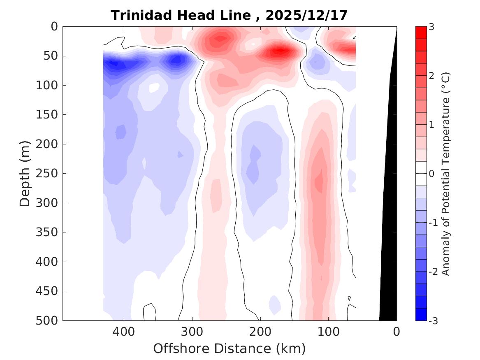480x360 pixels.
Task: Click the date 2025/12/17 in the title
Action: [x=306, y=15]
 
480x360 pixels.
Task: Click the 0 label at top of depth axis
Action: [x=55, y=26]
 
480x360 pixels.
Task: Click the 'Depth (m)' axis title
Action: [x=25, y=173]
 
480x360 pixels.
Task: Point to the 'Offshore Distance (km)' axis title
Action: [x=230, y=348]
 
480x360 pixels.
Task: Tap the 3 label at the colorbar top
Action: [x=431, y=27]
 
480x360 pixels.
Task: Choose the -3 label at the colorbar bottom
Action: [x=432, y=321]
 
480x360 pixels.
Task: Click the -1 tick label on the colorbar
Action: [x=432, y=223]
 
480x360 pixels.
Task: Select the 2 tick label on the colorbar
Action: [x=431, y=76]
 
